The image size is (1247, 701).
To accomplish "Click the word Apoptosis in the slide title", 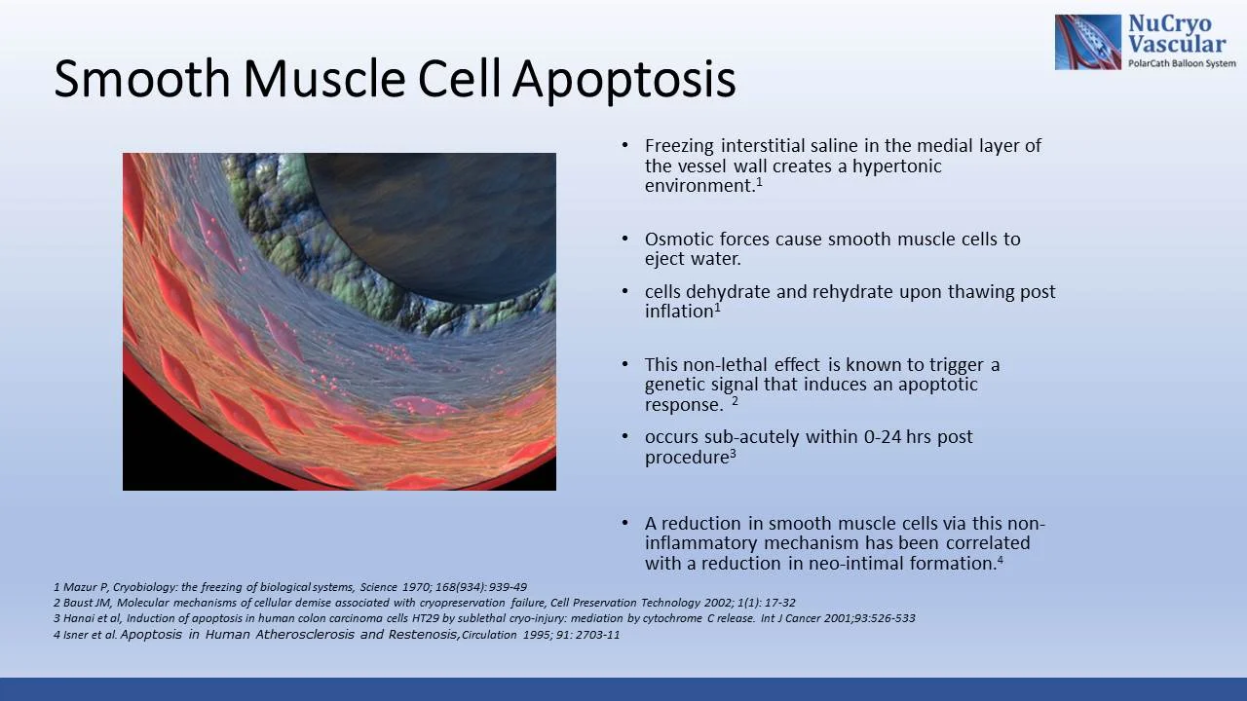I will tap(623, 80).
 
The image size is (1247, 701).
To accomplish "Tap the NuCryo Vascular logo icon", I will tap(1087, 42).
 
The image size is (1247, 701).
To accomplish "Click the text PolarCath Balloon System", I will tap(1181, 62).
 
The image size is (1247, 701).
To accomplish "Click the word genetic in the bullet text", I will tap(675, 384).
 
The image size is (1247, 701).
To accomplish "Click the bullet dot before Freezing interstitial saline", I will tap(625, 146).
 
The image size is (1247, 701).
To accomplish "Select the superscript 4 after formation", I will tap(1001, 560).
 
